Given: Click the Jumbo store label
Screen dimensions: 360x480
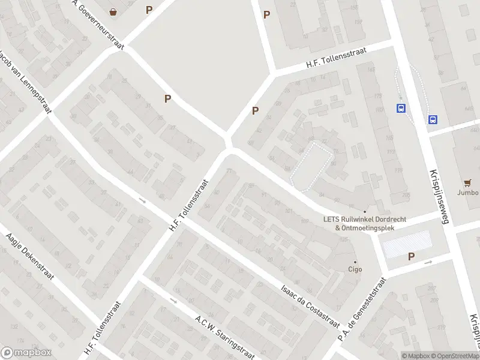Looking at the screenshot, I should click(x=467, y=193).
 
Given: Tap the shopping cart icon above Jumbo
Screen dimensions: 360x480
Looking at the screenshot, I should click(x=467, y=182).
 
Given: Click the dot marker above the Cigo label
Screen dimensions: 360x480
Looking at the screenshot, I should click(x=355, y=262).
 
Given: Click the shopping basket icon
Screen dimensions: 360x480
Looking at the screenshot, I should click(x=113, y=11).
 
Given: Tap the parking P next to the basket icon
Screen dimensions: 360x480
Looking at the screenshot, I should click(x=149, y=10).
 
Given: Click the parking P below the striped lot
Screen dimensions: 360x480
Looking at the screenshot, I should click(x=411, y=257).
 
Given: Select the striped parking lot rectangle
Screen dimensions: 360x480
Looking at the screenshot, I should click(x=407, y=244).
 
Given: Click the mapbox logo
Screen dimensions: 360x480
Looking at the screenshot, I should click(x=26, y=353).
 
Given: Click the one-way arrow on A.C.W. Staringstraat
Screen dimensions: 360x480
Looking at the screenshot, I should click(x=173, y=300).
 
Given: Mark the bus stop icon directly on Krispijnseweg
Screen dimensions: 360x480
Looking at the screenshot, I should click(x=433, y=119).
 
